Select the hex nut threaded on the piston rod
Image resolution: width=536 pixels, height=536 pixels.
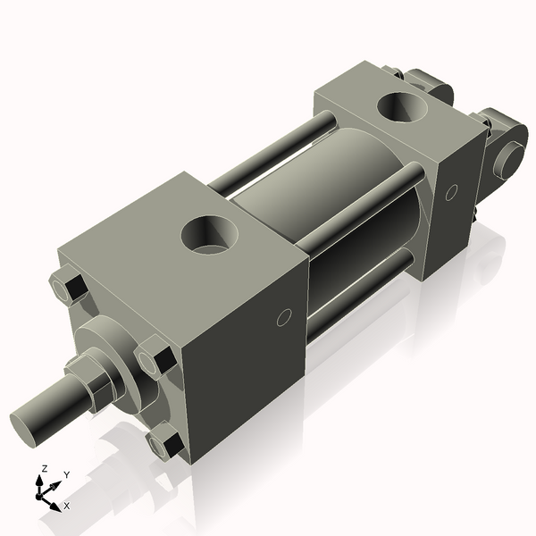[x=95, y=379]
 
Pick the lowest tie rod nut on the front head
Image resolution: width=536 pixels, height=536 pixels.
[x=165, y=443]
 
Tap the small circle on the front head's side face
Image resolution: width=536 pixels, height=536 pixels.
[x=285, y=317]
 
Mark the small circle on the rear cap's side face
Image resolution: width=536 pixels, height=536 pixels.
[x=451, y=191]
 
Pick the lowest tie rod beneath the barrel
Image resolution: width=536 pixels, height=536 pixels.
[x=357, y=286]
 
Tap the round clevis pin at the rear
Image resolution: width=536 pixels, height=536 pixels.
[x=511, y=158]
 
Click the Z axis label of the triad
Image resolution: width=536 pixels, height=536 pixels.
[x=43, y=468]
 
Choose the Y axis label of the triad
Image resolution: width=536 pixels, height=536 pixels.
[x=66, y=475]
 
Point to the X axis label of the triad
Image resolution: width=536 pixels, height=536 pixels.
[x=67, y=506]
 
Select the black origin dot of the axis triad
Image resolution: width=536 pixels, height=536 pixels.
[x=41, y=492]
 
